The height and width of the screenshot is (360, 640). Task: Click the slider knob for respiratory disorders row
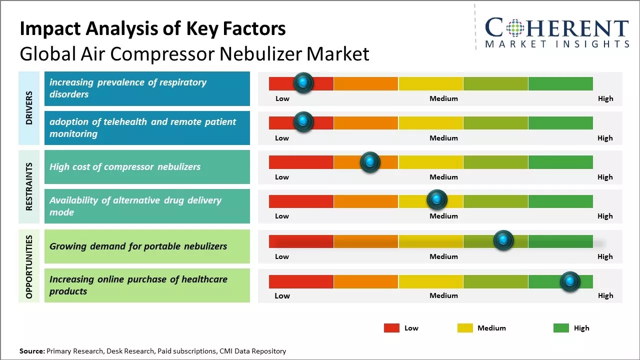click(303, 83)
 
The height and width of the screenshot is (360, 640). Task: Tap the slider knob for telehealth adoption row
click(303, 122)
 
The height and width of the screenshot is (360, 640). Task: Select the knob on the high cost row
click(370, 161)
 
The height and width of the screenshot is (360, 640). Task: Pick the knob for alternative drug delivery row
click(437, 200)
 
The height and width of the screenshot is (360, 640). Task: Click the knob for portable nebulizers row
click(503, 240)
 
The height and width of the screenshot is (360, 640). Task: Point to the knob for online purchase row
click(570, 281)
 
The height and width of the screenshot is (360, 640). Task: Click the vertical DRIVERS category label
click(29, 108)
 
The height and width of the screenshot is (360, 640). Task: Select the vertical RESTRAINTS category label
click(29, 186)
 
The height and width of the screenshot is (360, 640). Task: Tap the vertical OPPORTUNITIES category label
click(29, 266)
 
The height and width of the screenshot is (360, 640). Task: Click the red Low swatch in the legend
click(391, 328)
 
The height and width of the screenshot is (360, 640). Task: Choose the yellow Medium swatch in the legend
click(465, 328)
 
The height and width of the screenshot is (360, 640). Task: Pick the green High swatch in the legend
click(561, 328)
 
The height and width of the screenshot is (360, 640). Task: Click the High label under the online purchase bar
click(605, 295)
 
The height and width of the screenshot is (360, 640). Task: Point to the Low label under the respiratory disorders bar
click(282, 98)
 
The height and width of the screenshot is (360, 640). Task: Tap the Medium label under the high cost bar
click(443, 177)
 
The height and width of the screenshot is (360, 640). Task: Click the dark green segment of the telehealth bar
click(560, 122)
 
